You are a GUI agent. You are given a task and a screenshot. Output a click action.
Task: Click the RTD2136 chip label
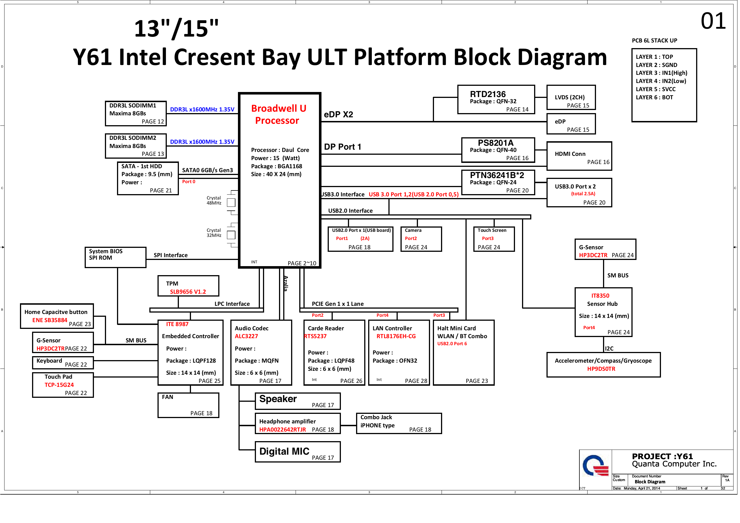488,94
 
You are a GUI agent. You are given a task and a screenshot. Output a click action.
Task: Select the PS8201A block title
495,143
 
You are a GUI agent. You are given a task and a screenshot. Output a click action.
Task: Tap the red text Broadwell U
278,108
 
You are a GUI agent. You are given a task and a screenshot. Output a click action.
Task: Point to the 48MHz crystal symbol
231,203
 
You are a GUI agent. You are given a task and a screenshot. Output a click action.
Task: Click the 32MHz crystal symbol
231,235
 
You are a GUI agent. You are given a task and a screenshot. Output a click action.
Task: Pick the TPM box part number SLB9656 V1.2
188,291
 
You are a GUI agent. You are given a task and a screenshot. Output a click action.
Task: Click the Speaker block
298,401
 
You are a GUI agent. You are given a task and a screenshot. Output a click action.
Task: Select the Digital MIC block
298,452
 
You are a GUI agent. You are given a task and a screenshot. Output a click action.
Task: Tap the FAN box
188,405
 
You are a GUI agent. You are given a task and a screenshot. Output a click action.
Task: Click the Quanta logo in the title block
595,466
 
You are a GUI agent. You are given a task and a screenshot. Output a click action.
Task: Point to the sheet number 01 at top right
713,21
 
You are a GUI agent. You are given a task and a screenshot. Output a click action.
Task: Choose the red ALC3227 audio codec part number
246,336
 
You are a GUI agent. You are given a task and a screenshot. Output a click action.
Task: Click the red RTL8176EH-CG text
396,336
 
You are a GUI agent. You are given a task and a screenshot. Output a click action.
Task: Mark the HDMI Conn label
570,154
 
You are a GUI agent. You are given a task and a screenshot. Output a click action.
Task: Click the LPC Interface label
232,304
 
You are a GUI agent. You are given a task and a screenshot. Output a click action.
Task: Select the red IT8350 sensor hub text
600,296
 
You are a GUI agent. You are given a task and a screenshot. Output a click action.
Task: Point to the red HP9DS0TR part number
601,369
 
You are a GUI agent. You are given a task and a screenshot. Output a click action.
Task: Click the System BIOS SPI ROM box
115,257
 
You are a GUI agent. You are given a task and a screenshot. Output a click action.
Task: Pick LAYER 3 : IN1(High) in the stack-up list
661,73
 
